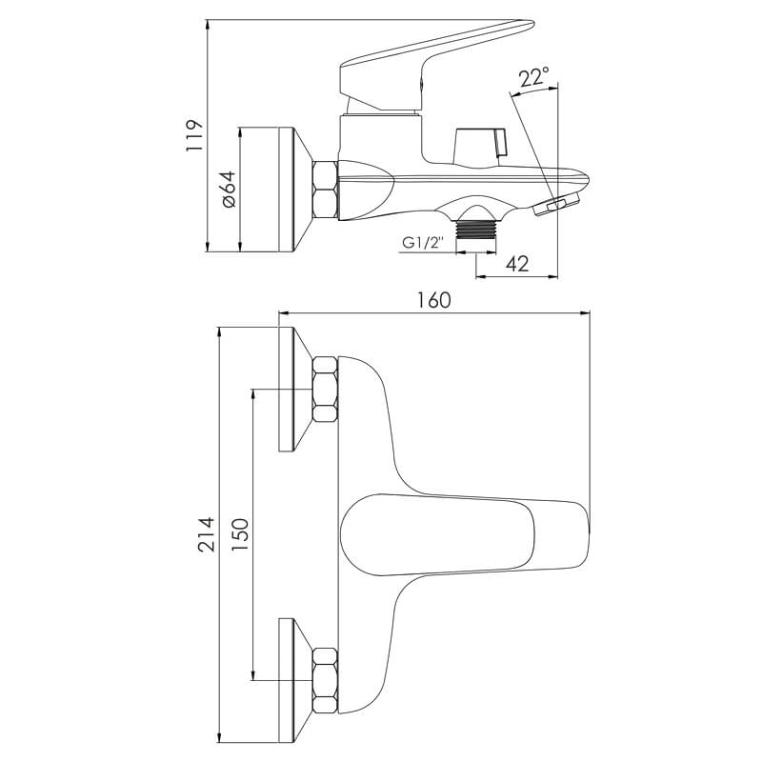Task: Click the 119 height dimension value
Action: tap(193, 135)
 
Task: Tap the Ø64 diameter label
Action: tap(229, 190)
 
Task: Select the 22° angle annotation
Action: tap(533, 78)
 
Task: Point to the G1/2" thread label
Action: tap(423, 243)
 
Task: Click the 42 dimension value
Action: tap(517, 265)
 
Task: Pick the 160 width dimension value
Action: tap(434, 300)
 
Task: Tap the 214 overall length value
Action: tap(206, 534)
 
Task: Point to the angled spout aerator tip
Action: tap(556, 204)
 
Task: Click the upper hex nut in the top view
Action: tap(325, 390)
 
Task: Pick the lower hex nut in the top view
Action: tap(325, 680)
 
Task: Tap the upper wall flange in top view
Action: tap(295, 390)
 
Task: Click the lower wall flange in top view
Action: tap(295, 680)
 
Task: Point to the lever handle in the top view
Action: tap(465, 534)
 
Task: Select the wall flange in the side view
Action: tap(295, 190)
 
